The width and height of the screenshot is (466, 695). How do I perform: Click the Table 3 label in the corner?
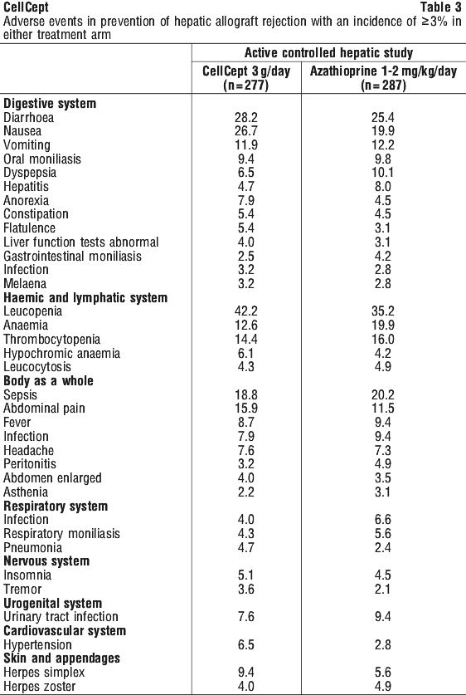[441, 7]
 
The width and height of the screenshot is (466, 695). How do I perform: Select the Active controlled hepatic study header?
[329, 53]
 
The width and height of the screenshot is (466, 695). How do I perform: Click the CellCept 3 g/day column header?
[246, 77]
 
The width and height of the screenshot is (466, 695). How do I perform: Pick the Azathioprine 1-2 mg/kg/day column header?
[383, 77]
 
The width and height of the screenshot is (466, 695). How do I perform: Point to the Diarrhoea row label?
[29, 117]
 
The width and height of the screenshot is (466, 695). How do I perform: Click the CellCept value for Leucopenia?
[246, 311]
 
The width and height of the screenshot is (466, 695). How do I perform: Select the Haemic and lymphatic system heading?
[85, 297]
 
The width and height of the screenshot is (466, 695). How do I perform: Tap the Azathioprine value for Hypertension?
[381, 644]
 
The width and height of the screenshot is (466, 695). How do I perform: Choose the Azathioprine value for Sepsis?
[381, 395]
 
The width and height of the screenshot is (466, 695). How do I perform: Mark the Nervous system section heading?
[46, 561]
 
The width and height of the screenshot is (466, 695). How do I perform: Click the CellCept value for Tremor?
[245, 589]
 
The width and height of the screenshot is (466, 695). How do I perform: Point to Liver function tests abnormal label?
[81, 242]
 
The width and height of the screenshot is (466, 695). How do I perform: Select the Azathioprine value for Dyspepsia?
[382, 173]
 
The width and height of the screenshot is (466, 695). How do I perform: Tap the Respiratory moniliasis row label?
[62, 534]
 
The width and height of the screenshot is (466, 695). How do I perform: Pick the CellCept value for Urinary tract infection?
[245, 617]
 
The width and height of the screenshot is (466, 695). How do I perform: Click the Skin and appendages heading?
[62, 658]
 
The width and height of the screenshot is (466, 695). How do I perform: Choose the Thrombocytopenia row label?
[51, 340]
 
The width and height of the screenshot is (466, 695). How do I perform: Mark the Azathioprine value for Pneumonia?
[381, 547]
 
